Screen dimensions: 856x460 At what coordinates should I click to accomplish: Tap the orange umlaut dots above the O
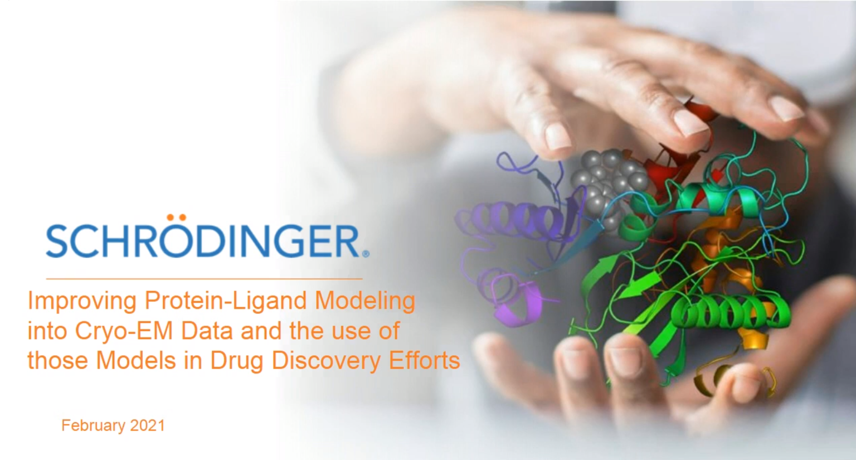point(177,217)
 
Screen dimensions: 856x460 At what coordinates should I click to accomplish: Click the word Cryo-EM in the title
point(124,331)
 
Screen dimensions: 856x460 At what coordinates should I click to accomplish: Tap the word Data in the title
point(207,331)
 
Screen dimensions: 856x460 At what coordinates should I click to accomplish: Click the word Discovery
point(326,361)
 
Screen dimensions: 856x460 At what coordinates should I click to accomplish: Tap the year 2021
point(147,425)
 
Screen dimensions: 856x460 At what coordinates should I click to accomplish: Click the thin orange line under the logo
point(204,279)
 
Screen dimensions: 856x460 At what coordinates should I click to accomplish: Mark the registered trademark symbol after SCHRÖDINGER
point(366,254)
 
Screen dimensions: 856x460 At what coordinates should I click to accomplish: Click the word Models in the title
point(136,361)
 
